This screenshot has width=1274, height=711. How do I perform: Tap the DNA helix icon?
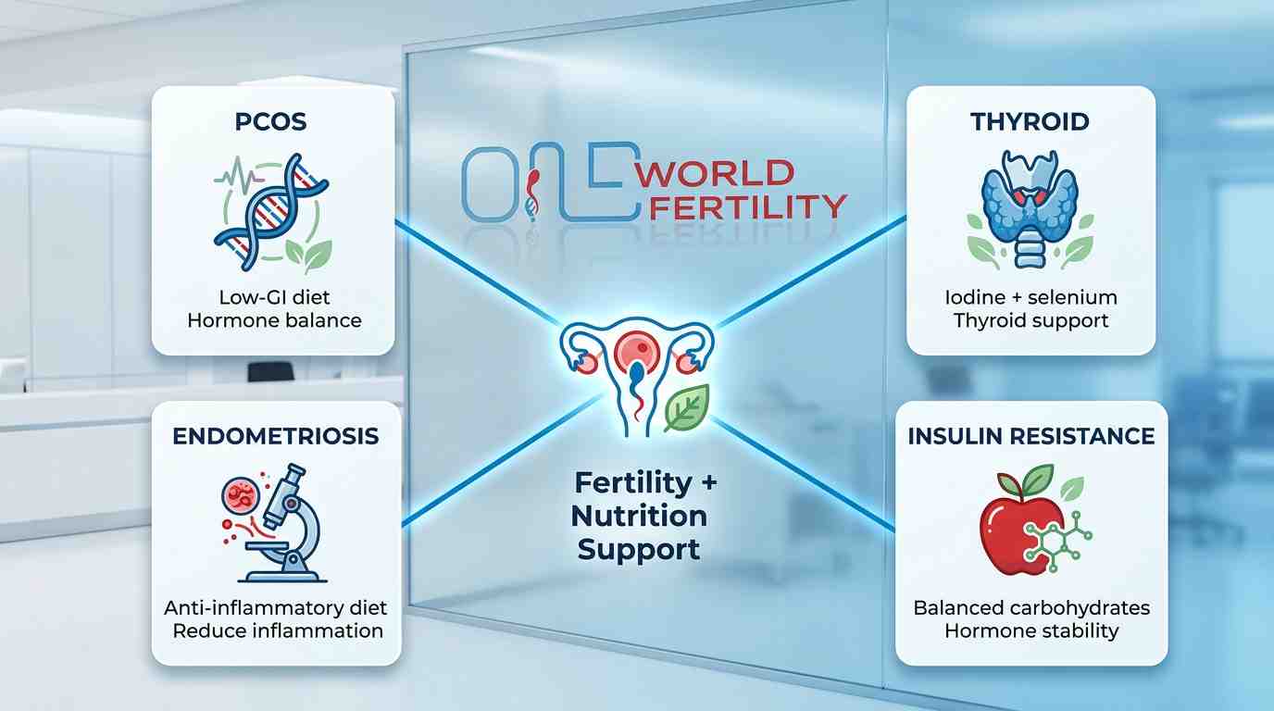(x=269, y=208)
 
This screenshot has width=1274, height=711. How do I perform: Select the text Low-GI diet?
(x=273, y=297)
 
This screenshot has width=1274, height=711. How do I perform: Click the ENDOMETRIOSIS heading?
(x=276, y=436)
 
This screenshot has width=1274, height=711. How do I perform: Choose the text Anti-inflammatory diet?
(x=276, y=608)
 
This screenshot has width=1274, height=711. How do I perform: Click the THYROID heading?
(x=1030, y=121)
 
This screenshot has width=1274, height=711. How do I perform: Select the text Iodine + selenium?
(x=1030, y=297)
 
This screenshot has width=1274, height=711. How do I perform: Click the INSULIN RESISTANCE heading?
(x=1031, y=436)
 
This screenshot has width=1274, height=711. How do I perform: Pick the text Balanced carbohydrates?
(x=1031, y=608)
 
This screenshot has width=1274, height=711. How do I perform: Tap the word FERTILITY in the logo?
(x=748, y=205)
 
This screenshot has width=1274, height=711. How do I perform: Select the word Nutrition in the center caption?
(x=639, y=516)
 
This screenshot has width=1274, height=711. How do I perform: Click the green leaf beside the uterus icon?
(x=686, y=408)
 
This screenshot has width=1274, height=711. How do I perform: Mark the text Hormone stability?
(x=1031, y=631)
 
